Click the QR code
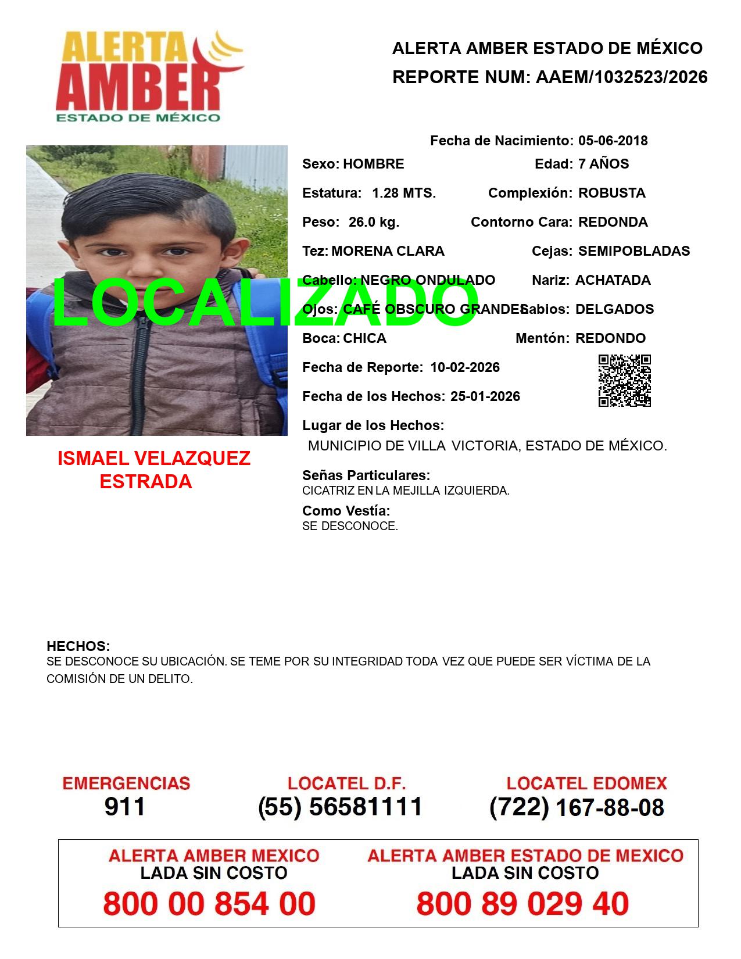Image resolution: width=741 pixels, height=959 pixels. (x=625, y=381)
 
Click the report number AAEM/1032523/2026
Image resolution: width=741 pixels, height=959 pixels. (x=621, y=77)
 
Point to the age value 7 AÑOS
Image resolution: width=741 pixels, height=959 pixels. (x=603, y=164)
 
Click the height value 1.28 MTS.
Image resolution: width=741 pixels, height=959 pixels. (x=404, y=193)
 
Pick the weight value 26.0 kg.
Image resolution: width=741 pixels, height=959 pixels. (x=374, y=222)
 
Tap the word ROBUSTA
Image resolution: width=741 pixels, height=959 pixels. (x=611, y=193)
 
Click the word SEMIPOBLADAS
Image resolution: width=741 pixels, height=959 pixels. (x=634, y=251)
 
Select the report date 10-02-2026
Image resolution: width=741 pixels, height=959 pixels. (x=465, y=367)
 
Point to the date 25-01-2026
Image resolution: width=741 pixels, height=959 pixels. (x=485, y=396)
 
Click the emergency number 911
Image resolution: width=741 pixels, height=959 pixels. (x=125, y=807)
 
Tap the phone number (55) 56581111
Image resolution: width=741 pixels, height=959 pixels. (x=341, y=807)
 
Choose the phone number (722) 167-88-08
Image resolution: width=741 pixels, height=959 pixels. (x=577, y=807)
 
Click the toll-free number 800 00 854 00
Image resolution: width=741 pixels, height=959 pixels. (x=209, y=904)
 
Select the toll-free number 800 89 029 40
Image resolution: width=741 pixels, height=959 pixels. (x=522, y=904)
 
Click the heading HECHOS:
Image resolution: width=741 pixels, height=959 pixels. (x=78, y=646)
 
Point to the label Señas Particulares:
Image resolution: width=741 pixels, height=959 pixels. (x=366, y=475)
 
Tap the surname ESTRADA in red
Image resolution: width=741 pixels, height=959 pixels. (x=146, y=482)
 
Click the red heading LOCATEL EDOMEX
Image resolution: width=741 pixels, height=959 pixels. (x=586, y=783)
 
